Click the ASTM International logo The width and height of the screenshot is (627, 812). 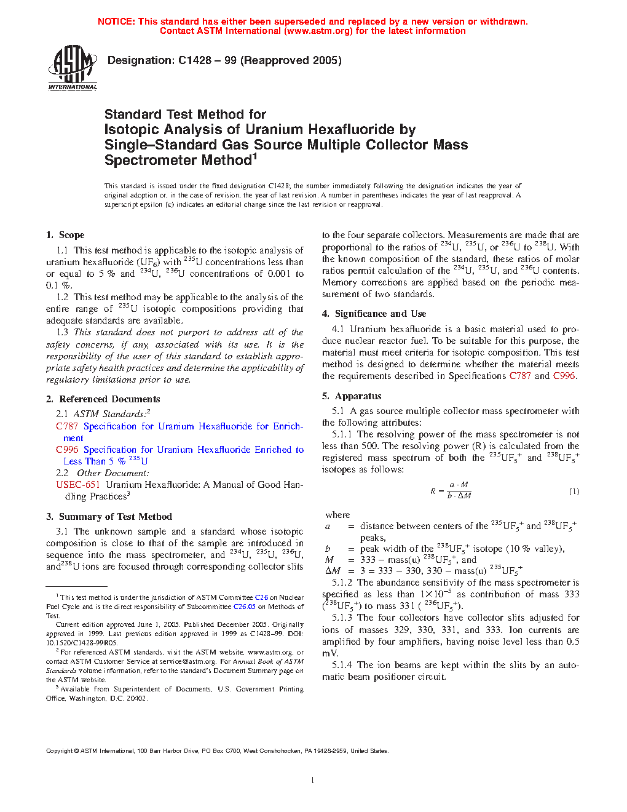point(73,68)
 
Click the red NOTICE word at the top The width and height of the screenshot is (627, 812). point(116,22)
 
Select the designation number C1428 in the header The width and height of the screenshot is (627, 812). point(195,60)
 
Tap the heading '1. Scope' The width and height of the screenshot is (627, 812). point(65,235)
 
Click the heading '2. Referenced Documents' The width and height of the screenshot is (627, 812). point(103,399)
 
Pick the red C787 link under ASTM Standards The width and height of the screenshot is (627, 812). point(67,426)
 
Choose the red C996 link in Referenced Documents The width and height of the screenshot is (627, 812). point(67,450)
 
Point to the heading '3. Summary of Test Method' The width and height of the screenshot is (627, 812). point(109,517)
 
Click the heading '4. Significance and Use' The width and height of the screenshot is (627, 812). point(374,314)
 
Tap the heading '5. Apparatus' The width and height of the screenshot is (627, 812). point(352,396)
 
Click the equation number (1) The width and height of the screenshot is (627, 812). point(574,492)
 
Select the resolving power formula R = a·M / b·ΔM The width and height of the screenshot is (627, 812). point(451,490)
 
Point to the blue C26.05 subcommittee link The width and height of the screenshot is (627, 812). point(244,607)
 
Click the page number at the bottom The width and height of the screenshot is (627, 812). point(313,781)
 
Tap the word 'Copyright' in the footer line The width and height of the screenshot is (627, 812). point(60,751)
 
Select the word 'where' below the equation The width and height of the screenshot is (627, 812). point(337,515)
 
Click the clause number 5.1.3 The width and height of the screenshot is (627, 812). point(342,618)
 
